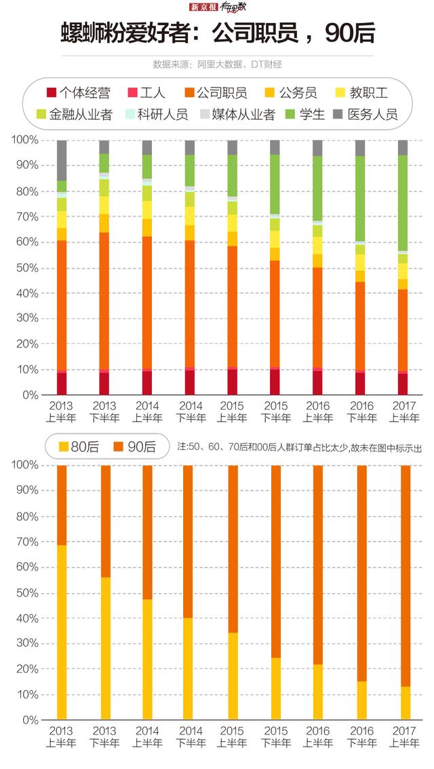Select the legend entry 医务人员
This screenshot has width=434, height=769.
tap(372, 113)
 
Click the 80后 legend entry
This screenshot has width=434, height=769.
tap(81, 446)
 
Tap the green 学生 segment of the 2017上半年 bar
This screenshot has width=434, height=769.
tap(403, 203)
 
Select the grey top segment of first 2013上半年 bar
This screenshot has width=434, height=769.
tap(62, 160)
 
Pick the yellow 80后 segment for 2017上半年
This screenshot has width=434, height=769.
tap(406, 702)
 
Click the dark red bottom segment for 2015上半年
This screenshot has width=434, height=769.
tap(233, 382)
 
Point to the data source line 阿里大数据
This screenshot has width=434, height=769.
tap(217, 64)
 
